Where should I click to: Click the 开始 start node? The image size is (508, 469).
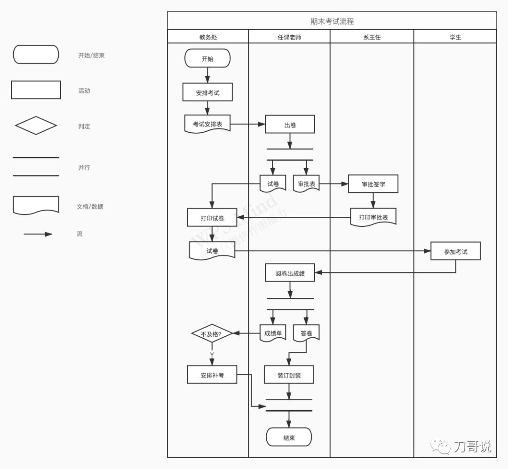[207, 59]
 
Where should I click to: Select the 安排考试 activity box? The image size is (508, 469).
[207, 93]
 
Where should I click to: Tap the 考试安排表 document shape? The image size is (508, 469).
[207, 124]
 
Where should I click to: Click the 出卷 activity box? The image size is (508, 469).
[290, 125]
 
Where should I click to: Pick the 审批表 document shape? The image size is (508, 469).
[306, 184]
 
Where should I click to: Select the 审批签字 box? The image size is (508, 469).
[373, 184]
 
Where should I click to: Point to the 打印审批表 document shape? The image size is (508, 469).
[373, 217]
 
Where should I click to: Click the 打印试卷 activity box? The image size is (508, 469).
[212, 218]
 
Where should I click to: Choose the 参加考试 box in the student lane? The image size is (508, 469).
[455, 252]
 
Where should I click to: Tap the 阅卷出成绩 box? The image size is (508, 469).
[290, 273]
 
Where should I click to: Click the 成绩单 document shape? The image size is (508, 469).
[273, 334]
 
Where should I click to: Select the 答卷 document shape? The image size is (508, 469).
[306, 334]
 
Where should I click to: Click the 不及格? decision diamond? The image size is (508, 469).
[212, 334]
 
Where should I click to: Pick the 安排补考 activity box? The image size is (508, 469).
[212, 375]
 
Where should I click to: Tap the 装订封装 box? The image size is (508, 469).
[289, 375]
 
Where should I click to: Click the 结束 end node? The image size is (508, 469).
[289, 437]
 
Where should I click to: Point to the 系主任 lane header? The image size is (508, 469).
[372, 37]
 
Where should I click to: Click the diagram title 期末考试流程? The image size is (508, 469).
[332, 21]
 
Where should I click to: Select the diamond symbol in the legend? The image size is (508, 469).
[36, 126]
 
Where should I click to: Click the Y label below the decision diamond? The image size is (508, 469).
[212, 354]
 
